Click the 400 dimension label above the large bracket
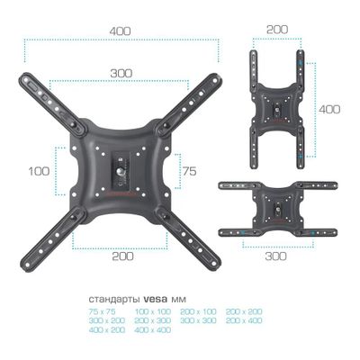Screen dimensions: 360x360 click(x=120, y=31)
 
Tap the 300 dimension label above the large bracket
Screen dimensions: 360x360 click(x=121, y=73)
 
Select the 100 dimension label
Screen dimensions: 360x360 click(x=39, y=171)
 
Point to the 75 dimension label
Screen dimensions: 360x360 click(x=189, y=171)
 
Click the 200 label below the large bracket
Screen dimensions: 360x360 click(x=122, y=256)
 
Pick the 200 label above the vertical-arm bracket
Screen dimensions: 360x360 click(x=277, y=30)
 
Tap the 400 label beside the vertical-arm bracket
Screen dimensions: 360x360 click(x=329, y=109)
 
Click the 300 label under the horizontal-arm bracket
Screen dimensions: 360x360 click(x=275, y=256)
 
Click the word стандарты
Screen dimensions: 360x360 click(x=114, y=300)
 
